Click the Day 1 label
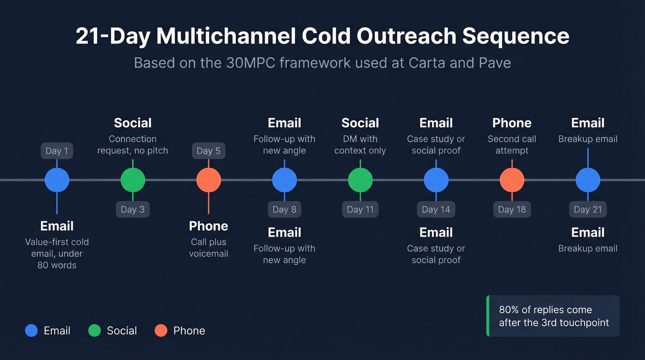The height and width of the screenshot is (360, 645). pyautogui.click(x=57, y=151)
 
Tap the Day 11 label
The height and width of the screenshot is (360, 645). pyautogui.click(x=360, y=209)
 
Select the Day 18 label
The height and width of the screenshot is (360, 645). pyautogui.click(x=512, y=209)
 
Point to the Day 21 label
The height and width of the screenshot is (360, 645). pyautogui.click(x=588, y=209)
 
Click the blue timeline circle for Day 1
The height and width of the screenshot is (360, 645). pyautogui.click(x=57, y=180)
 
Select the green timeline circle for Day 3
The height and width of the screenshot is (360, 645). pyautogui.click(x=133, y=180)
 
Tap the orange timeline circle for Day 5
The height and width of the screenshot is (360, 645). pyautogui.click(x=209, y=180)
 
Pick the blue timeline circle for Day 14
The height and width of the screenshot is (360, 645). pyautogui.click(x=436, y=180)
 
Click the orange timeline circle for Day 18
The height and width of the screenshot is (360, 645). pyautogui.click(x=512, y=180)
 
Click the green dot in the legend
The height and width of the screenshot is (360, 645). pyautogui.click(x=94, y=330)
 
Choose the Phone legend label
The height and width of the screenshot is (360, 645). pyautogui.click(x=189, y=330)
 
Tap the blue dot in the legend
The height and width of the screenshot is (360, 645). pyautogui.click(x=31, y=330)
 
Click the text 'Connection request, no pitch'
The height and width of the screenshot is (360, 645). pyautogui.click(x=133, y=145)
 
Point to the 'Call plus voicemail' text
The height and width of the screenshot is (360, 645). pyautogui.click(x=209, y=248)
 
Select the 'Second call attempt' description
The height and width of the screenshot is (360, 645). pyautogui.click(x=512, y=145)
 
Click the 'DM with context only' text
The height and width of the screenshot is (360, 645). pyautogui.click(x=360, y=145)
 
